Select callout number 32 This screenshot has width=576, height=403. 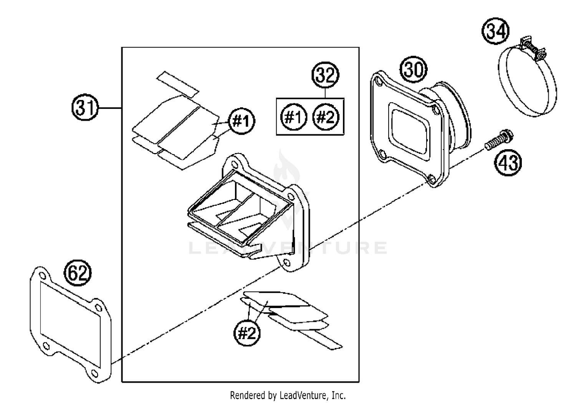[x=325, y=76]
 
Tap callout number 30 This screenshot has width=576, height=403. [x=414, y=70]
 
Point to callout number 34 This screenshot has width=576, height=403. [x=495, y=32]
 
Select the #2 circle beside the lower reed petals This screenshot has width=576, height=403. [x=247, y=333]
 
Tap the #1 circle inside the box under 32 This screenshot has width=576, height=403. [x=294, y=117]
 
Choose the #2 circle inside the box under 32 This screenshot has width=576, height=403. [x=326, y=117]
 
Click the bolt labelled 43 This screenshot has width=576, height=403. [x=498, y=140]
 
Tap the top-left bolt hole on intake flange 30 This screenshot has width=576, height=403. [x=379, y=82]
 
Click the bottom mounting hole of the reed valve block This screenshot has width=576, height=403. [x=287, y=263]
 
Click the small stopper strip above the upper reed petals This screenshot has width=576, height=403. [x=177, y=83]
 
